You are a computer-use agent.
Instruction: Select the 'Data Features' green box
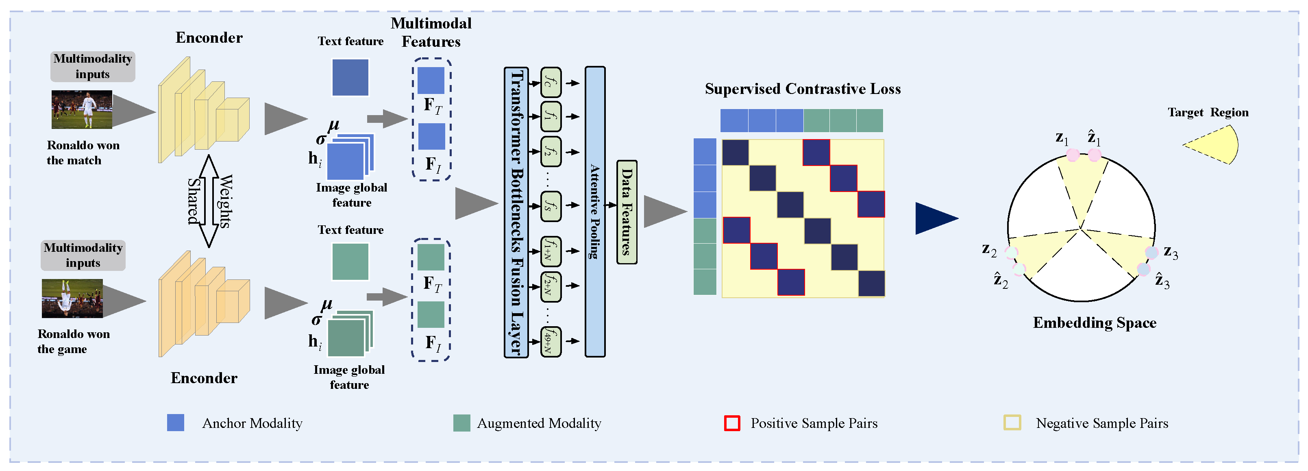627,212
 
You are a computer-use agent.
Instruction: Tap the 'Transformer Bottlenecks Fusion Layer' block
516,212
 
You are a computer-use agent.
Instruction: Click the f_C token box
551,82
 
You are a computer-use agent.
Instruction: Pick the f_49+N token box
551,341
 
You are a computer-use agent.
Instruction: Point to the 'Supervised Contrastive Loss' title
802,89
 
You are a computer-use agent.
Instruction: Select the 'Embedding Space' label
1094,323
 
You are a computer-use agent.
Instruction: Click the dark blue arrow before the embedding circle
934,218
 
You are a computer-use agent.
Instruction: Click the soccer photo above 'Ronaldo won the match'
82,109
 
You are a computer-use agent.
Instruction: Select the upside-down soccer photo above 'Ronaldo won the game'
72,298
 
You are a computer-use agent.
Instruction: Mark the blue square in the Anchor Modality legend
176,423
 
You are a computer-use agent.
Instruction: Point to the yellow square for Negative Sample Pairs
1012,423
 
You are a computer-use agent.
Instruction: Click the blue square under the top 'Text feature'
350,77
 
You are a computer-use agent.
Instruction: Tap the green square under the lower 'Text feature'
350,262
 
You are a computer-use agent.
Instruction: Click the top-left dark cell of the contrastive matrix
735,153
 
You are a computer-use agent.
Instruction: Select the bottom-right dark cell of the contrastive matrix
871,283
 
